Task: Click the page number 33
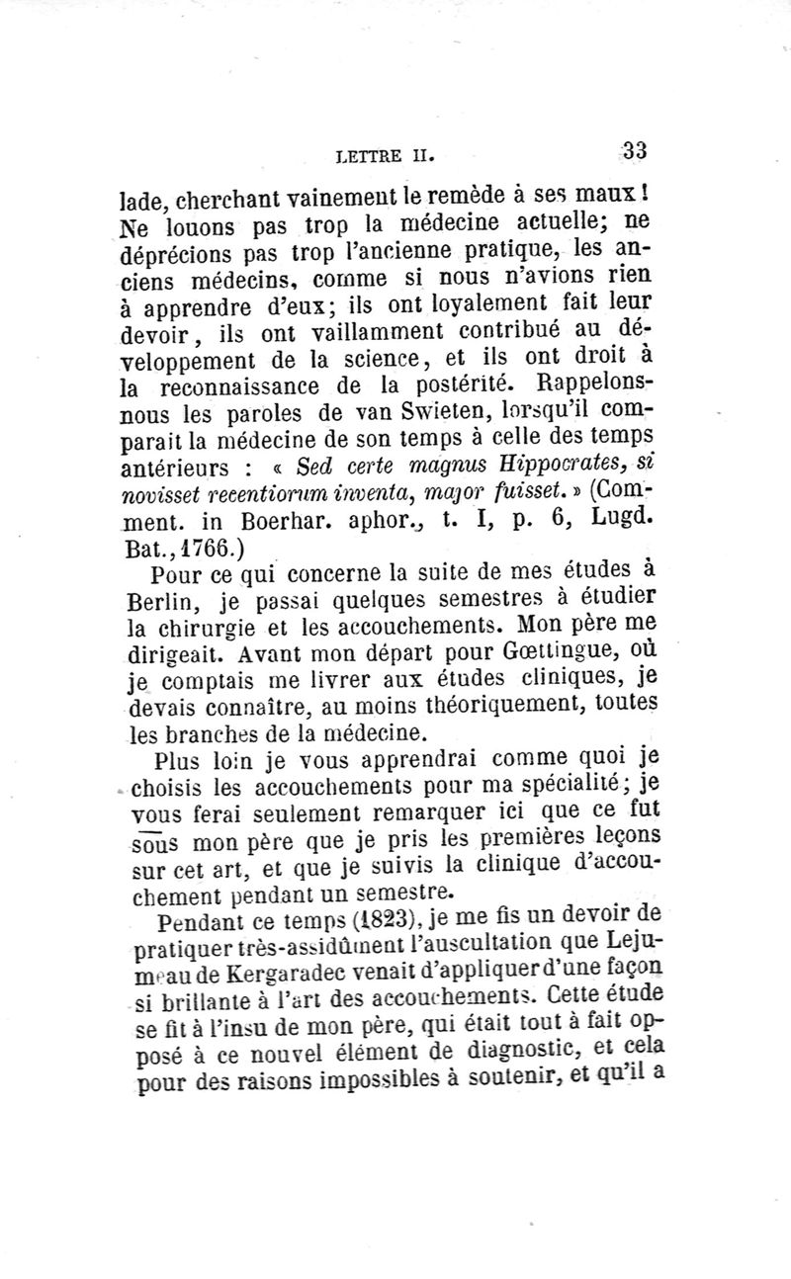tap(635, 151)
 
